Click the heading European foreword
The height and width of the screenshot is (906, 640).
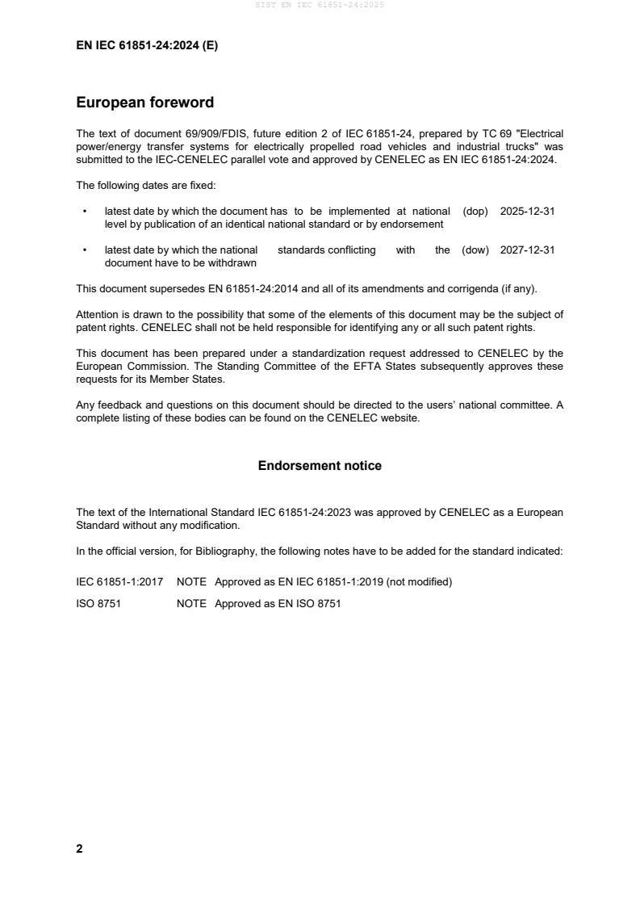point(144,103)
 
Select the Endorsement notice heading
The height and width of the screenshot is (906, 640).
point(320,466)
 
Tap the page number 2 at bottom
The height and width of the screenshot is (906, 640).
point(79,849)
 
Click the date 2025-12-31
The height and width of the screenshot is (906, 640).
point(527,211)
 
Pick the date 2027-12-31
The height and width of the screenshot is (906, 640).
point(527,250)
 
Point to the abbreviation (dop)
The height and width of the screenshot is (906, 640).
point(475,211)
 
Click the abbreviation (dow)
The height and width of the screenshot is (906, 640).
point(475,250)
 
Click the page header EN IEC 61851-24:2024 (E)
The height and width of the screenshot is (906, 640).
point(147,46)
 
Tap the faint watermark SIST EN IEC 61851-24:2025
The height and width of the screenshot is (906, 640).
point(320,5)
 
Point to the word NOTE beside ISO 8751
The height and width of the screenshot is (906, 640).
point(191,602)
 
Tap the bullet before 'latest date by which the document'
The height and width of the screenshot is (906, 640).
point(85,211)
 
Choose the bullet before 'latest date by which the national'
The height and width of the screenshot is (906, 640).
point(85,250)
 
